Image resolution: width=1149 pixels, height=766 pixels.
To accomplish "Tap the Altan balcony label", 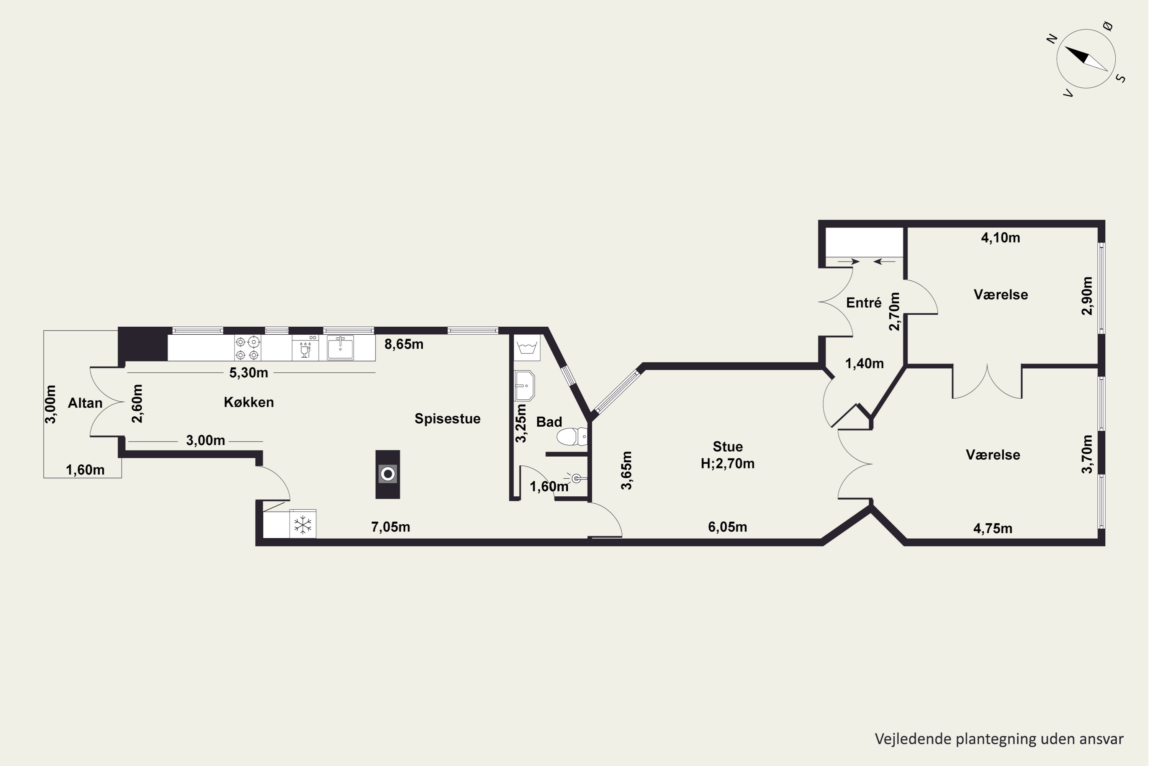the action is tap(85, 403).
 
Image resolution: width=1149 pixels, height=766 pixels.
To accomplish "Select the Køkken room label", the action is tap(249, 402).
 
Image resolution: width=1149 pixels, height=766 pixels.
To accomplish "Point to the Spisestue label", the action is tap(447, 419).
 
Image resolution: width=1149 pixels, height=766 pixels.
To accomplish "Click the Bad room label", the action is tap(549, 422).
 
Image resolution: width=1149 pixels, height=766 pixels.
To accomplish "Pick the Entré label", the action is tap(864, 303).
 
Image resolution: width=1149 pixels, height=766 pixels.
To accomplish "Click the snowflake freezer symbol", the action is tap(303, 525).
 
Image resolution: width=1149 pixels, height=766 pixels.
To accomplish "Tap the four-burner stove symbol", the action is tap(248, 348).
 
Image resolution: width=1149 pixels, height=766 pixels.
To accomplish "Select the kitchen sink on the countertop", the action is tap(340, 348).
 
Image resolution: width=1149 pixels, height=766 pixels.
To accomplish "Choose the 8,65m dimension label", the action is tap(404, 344).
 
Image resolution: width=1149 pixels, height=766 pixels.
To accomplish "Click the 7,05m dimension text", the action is tap(391, 527).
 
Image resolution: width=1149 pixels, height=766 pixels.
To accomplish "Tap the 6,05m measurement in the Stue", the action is tap(727, 527).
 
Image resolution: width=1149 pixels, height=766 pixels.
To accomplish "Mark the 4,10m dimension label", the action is tap(1000, 238).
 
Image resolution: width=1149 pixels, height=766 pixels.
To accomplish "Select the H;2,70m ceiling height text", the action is tap(727, 463).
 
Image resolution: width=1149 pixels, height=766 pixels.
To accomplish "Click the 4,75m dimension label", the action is tap(993, 529).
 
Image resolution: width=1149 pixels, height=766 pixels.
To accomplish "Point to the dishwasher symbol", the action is tap(305, 348).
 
